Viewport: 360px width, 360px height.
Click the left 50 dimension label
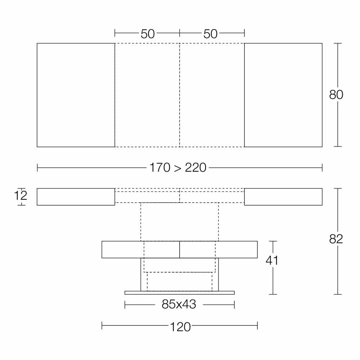[148, 34]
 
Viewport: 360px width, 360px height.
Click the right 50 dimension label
[210, 34]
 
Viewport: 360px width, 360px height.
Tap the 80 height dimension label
[336, 95]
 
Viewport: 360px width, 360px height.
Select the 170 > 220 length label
[178, 167]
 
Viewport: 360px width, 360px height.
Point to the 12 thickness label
[21, 195]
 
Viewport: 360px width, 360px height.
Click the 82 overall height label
[336, 239]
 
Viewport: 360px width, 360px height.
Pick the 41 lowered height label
[272, 260]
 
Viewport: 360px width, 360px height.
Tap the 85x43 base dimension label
[179, 304]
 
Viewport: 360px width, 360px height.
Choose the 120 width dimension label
[180, 327]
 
